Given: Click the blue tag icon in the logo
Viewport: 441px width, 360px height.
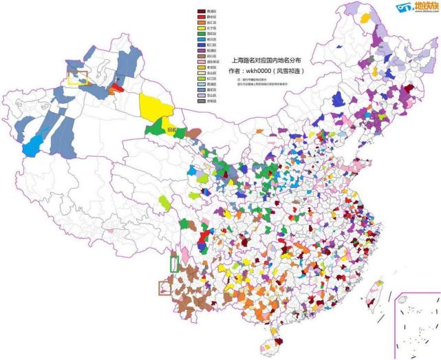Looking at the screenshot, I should coord(403,7).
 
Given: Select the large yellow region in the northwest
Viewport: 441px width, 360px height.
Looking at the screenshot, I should coord(156,107).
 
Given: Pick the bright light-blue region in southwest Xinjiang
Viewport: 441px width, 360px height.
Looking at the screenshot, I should coord(32,147).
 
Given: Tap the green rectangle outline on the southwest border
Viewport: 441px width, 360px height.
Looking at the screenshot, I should coord(174,263).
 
